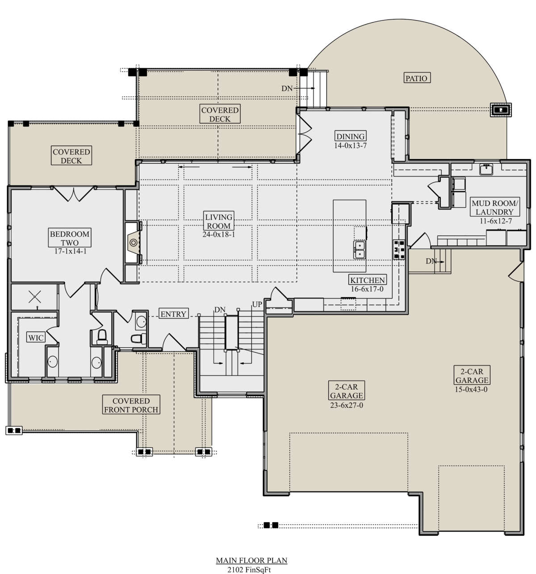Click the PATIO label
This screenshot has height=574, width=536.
point(416,78)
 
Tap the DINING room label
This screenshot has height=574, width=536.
point(350,136)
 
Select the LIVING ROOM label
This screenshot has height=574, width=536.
point(218,221)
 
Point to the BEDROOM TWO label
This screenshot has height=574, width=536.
point(69,238)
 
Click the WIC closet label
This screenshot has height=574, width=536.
point(36,338)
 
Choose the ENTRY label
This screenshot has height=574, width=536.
point(173,314)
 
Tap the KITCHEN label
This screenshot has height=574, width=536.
point(367,280)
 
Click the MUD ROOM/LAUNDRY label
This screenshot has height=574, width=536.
point(494,207)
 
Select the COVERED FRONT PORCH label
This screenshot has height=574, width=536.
point(131,405)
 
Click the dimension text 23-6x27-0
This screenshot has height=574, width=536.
point(346,405)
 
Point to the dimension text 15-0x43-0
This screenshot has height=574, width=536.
point(471,390)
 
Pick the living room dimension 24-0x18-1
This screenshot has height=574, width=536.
point(218,235)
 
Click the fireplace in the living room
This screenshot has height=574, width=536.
point(133,243)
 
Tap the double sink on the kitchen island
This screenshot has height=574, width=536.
point(359,250)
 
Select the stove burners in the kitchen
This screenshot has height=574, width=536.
point(399,249)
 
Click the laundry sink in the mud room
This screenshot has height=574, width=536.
point(486,169)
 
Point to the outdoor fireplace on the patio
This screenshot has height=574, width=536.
point(501,110)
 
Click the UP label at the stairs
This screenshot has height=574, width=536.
point(257,305)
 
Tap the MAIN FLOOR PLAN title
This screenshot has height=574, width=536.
point(251,561)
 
